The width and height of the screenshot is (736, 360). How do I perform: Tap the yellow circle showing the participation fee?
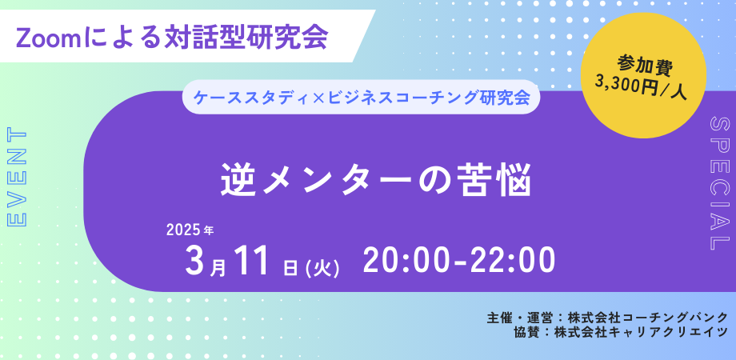pos(643,75)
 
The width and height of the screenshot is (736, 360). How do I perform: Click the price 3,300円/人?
pos(641,85)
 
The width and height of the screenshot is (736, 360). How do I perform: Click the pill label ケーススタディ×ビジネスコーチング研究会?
pos(361,98)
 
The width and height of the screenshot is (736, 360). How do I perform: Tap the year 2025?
pos(183,230)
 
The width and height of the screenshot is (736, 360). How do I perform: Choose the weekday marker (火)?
pos(322,268)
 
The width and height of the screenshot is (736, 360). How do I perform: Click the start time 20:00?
pos(407,261)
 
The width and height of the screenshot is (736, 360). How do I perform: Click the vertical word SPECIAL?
pos(719,183)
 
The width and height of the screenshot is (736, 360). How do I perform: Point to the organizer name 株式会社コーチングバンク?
pos(648,317)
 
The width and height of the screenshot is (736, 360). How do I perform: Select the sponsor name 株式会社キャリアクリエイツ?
pos(641,332)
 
